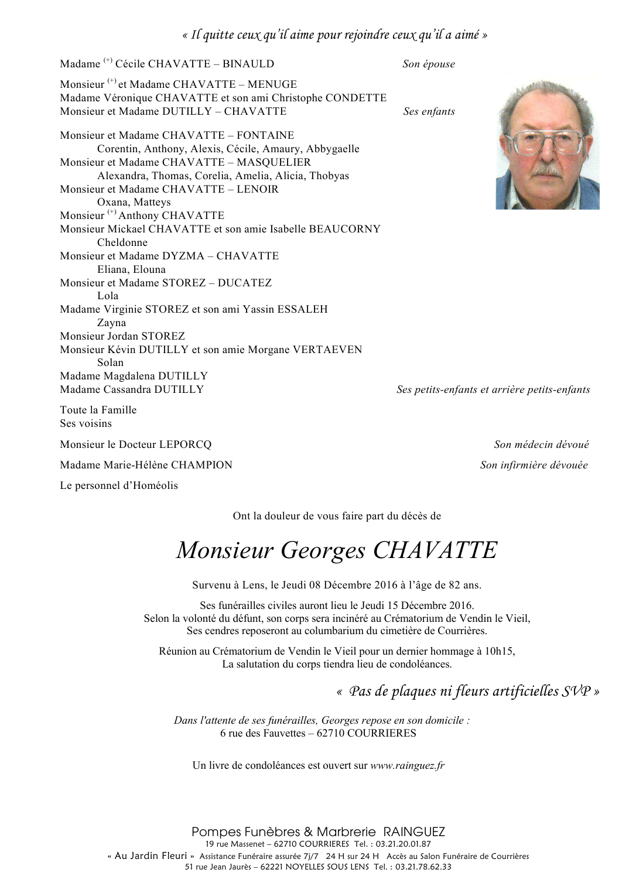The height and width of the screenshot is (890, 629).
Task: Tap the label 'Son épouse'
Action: pos(428,64)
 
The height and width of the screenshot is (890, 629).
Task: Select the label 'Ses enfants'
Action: pos(429,112)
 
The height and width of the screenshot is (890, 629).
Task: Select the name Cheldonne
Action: pos(122,242)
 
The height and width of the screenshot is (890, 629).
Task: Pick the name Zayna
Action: pos(111,323)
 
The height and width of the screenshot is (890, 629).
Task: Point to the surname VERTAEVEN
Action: pos(327,350)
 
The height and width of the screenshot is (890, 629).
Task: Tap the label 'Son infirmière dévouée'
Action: pos(534,465)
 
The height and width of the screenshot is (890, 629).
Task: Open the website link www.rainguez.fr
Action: pos(407,765)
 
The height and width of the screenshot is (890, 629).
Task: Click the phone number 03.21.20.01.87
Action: pos(404,844)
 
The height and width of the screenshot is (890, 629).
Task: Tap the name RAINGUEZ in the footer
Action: pos(414,832)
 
